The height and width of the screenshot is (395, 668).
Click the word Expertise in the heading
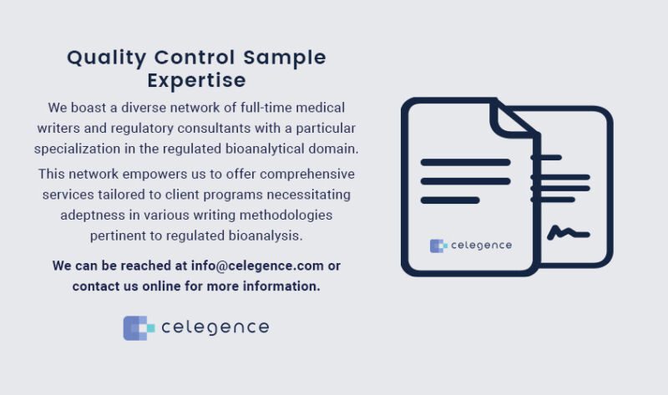coord(196,80)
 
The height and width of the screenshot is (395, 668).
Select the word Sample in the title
coord(284,58)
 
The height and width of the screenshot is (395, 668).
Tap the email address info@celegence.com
coord(257,266)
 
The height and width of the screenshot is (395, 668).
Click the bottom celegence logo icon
coord(139,327)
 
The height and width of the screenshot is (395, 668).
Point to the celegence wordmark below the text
coord(215,327)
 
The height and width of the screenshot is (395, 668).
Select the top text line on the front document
coord(464,162)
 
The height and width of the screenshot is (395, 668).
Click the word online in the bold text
coord(175,286)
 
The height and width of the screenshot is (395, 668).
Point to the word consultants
coord(203,128)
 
